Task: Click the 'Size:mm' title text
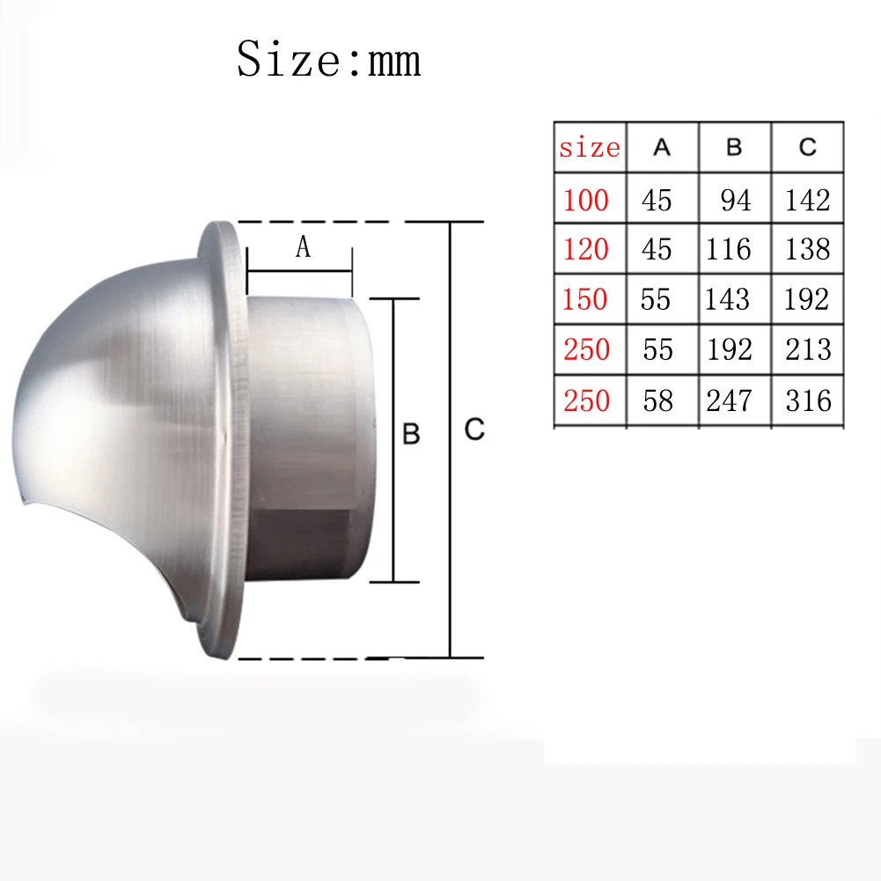pos(328,60)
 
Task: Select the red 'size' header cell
pos(589,148)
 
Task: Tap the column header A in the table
pos(662,148)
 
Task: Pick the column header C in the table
pos(808,148)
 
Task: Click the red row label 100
pos(586,200)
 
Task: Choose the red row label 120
pos(586,249)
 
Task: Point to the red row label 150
pos(586,299)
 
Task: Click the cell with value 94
pos(736,200)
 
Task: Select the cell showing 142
pos(808,200)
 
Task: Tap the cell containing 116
pos(728,249)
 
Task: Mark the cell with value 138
pos(808,249)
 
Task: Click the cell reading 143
pos(727,299)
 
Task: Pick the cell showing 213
pos(808,349)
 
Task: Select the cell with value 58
pos(657,400)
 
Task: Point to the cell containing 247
pos(728,400)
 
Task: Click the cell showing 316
pos(808,400)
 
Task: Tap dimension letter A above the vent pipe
pos(302,248)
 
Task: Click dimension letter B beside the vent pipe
pos(410,434)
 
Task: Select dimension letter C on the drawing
pos(474,430)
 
